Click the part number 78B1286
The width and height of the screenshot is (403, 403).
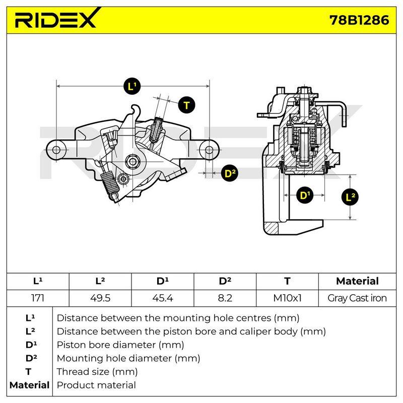point(359,20)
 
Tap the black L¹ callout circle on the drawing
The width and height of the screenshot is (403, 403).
point(132,86)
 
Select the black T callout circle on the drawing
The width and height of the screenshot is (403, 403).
point(186,105)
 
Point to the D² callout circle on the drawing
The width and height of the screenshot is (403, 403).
point(230,173)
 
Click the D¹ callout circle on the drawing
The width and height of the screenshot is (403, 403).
point(305,195)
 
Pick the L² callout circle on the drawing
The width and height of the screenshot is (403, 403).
point(350,197)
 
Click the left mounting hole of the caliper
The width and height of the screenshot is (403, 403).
point(56,150)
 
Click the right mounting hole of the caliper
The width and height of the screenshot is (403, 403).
point(210,150)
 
